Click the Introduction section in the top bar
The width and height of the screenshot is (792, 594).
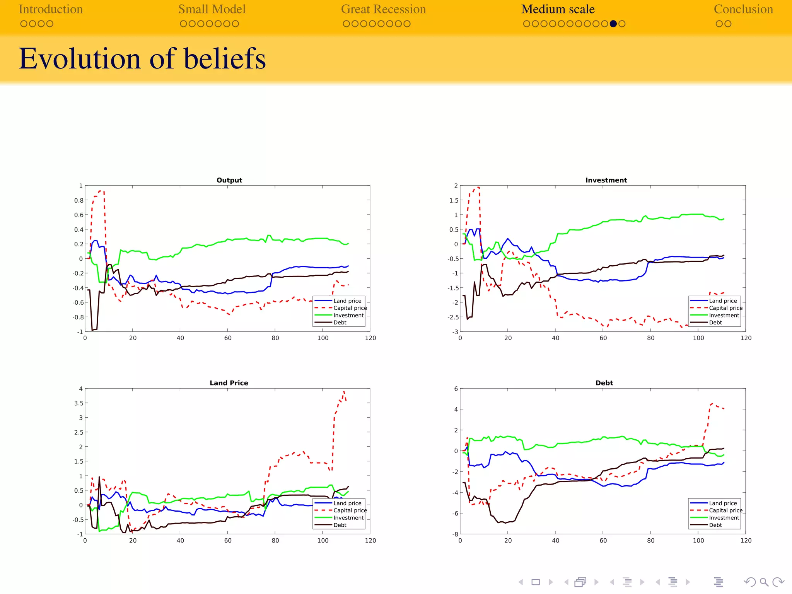pyautogui.click(x=51, y=9)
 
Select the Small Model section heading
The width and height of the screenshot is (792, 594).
pyautogui.click(x=212, y=9)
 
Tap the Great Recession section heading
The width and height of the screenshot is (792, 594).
pyautogui.click(x=383, y=9)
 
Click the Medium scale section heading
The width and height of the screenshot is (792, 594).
pyautogui.click(x=557, y=9)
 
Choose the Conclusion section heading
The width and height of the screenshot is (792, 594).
pyautogui.click(x=743, y=9)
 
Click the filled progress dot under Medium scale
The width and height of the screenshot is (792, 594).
pyautogui.click(x=613, y=24)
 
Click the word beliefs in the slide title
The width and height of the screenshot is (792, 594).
pyautogui.click(x=225, y=59)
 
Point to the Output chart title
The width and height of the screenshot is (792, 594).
pyautogui.click(x=229, y=180)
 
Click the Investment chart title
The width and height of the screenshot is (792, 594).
pyautogui.click(x=606, y=180)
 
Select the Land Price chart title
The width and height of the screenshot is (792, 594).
pyautogui.click(x=229, y=383)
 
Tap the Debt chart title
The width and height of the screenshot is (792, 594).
pyautogui.click(x=604, y=383)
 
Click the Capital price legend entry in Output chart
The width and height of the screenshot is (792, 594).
pyautogui.click(x=350, y=308)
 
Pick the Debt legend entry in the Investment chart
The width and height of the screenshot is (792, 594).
pyautogui.click(x=715, y=323)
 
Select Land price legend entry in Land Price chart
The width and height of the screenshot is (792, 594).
pyautogui.click(x=347, y=503)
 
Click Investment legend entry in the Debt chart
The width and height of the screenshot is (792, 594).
pyautogui.click(x=724, y=518)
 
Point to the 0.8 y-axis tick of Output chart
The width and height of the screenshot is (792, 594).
pyautogui.click(x=79, y=200)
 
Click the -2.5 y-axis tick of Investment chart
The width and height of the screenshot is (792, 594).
pyautogui.click(x=453, y=317)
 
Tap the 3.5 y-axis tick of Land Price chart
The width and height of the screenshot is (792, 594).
pyautogui.click(x=79, y=403)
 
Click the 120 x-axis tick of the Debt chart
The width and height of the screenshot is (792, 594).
pyautogui.click(x=745, y=541)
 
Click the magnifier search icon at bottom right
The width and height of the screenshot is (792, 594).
pyautogui.click(x=764, y=582)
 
